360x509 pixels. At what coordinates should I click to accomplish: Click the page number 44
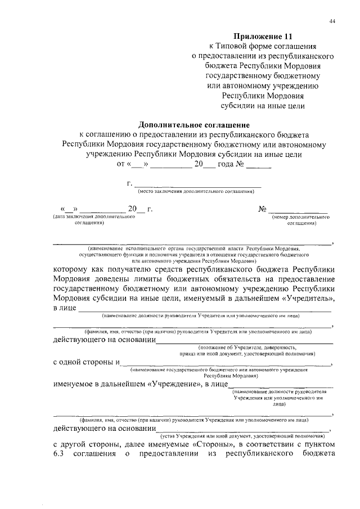pos(332,21)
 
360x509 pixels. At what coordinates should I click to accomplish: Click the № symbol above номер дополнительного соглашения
pos(262,209)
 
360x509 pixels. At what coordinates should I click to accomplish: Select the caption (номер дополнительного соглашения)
pos(300,219)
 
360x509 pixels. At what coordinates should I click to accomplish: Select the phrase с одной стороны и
pos(87,362)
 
